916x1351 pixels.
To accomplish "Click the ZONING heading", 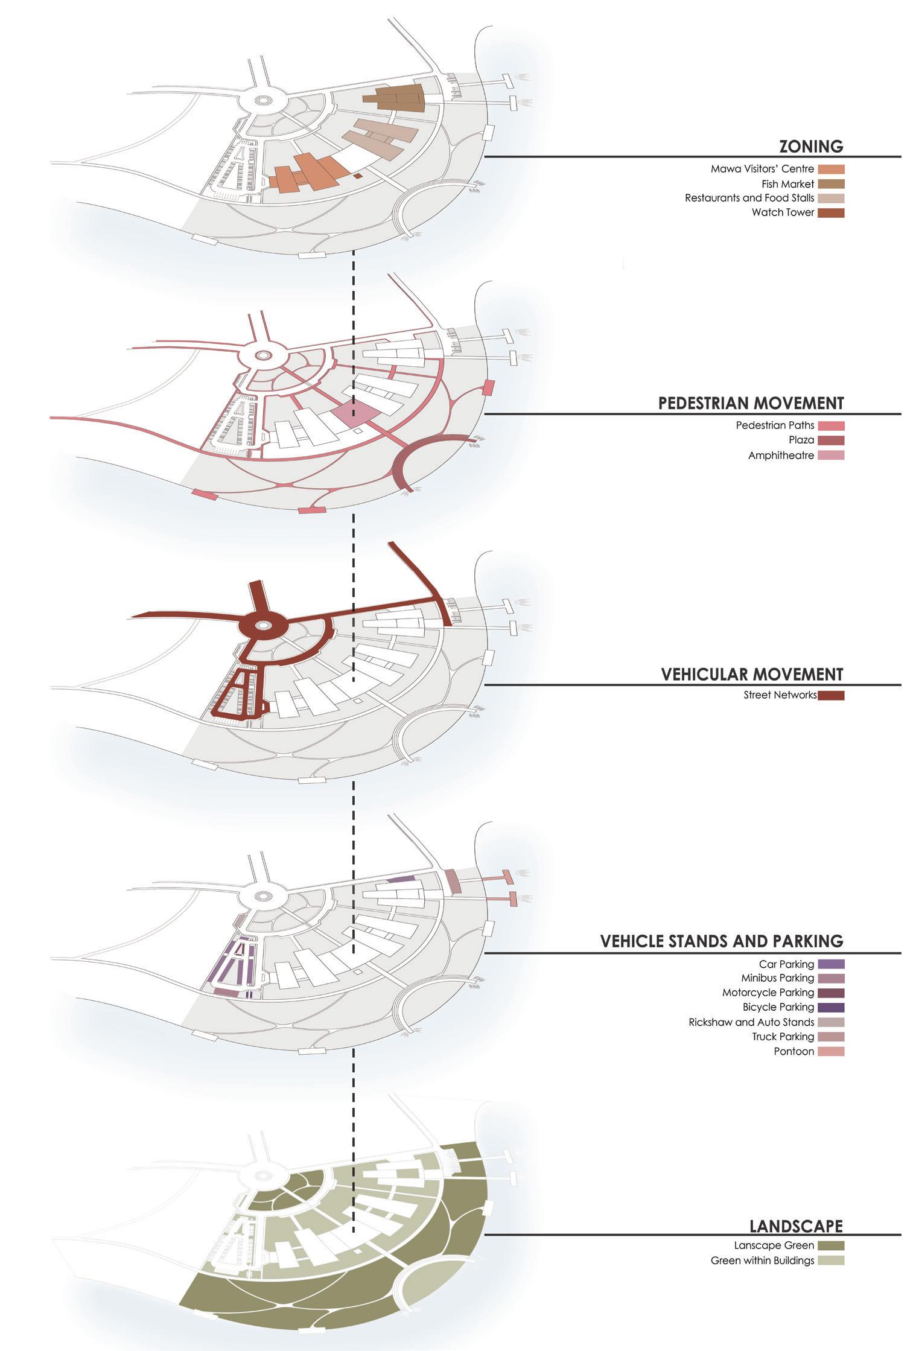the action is click(x=810, y=146).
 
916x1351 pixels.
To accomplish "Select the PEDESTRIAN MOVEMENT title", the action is click(x=751, y=403).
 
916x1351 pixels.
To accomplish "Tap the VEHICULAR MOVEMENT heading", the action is click(x=752, y=674).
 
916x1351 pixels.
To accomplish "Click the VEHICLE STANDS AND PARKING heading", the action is click(x=721, y=941).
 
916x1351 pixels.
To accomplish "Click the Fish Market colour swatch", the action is click(x=831, y=184).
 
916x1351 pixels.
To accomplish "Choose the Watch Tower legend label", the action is click(x=783, y=212).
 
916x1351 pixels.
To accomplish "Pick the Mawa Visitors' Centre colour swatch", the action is click(x=831, y=170).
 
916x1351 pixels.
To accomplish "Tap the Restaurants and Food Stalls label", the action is click(x=749, y=198).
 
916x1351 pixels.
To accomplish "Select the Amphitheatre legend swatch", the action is click(x=831, y=455).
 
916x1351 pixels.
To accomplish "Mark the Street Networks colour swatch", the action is click(x=831, y=695).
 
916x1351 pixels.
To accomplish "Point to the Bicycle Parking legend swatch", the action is click(x=831, y=1007).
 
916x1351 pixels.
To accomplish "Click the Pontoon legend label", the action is click(x=794, y=1051).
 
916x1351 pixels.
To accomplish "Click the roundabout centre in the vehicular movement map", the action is click(x=262, y=626).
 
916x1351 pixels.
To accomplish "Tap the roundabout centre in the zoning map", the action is click(x=262, y=101).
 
